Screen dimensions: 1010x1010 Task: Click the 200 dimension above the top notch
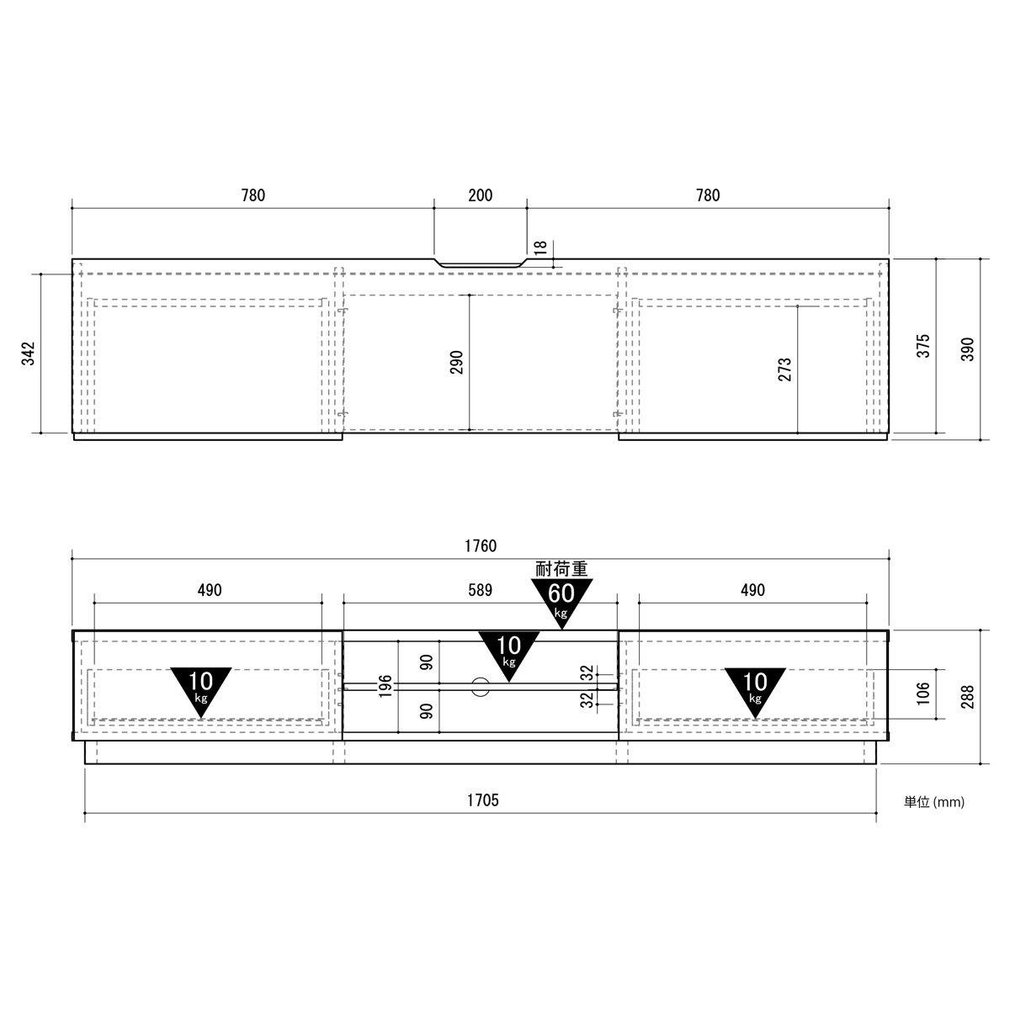click(x=480, y=195)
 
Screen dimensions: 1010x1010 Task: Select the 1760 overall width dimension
click(x=480, y=546)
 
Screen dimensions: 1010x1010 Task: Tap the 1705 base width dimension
click(x=483, y=800)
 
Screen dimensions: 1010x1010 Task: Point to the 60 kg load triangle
click(x=561, y=600)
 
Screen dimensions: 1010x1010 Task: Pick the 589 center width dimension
click(x=480, y=590)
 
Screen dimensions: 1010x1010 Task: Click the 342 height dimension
click(x=29, y=353)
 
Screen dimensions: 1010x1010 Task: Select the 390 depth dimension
click(x=968, y=349)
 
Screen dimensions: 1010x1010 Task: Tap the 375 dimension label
click(x=923, y=346)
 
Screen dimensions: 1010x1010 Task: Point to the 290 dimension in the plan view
click(x=456, y=362)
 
